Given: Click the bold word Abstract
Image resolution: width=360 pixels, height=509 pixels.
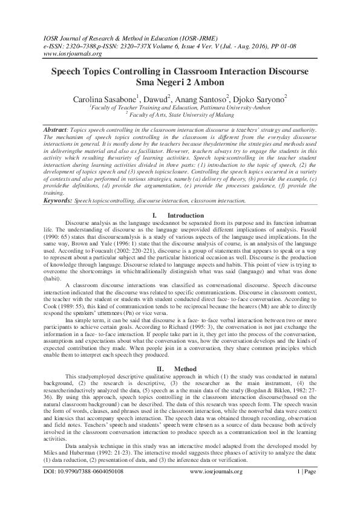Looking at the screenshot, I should point(59,130).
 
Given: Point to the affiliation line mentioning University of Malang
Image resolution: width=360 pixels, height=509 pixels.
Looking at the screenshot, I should point(179,113).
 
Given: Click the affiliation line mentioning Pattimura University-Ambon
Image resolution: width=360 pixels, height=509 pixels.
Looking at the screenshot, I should point(179,106).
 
